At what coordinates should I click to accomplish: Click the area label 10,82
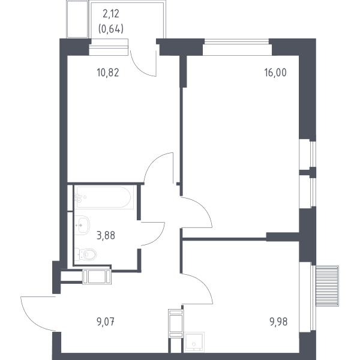pyautogui.click(x=108, y=73)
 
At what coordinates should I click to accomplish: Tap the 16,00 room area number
pyautogui.click(x=275, y=73)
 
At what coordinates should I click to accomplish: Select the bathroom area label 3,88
pyautogui.click(x=106, y=236)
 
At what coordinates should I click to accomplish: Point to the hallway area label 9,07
pyautogui.click(x=106, y=322)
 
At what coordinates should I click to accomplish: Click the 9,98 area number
pyautogui.click(x=278, y=322)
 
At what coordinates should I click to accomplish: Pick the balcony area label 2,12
pyautogui.click(x=111, y=14)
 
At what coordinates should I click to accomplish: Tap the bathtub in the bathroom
pyautogui.click(x=104, y=197)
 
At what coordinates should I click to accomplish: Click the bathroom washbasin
pyautogui.click(x=82, y=225)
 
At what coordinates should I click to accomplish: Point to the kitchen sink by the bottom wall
pyautogui.click(x=194, y=342)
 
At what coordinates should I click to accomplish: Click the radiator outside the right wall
pyautogui.click(x=327, y=286)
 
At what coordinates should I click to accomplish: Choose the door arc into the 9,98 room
pyautogui.click(x=205, y=284)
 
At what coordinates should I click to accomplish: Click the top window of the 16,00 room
pyautogui.click(x=237, y=41)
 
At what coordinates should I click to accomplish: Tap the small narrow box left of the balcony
pyautogui.click(x=77, y=19)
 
